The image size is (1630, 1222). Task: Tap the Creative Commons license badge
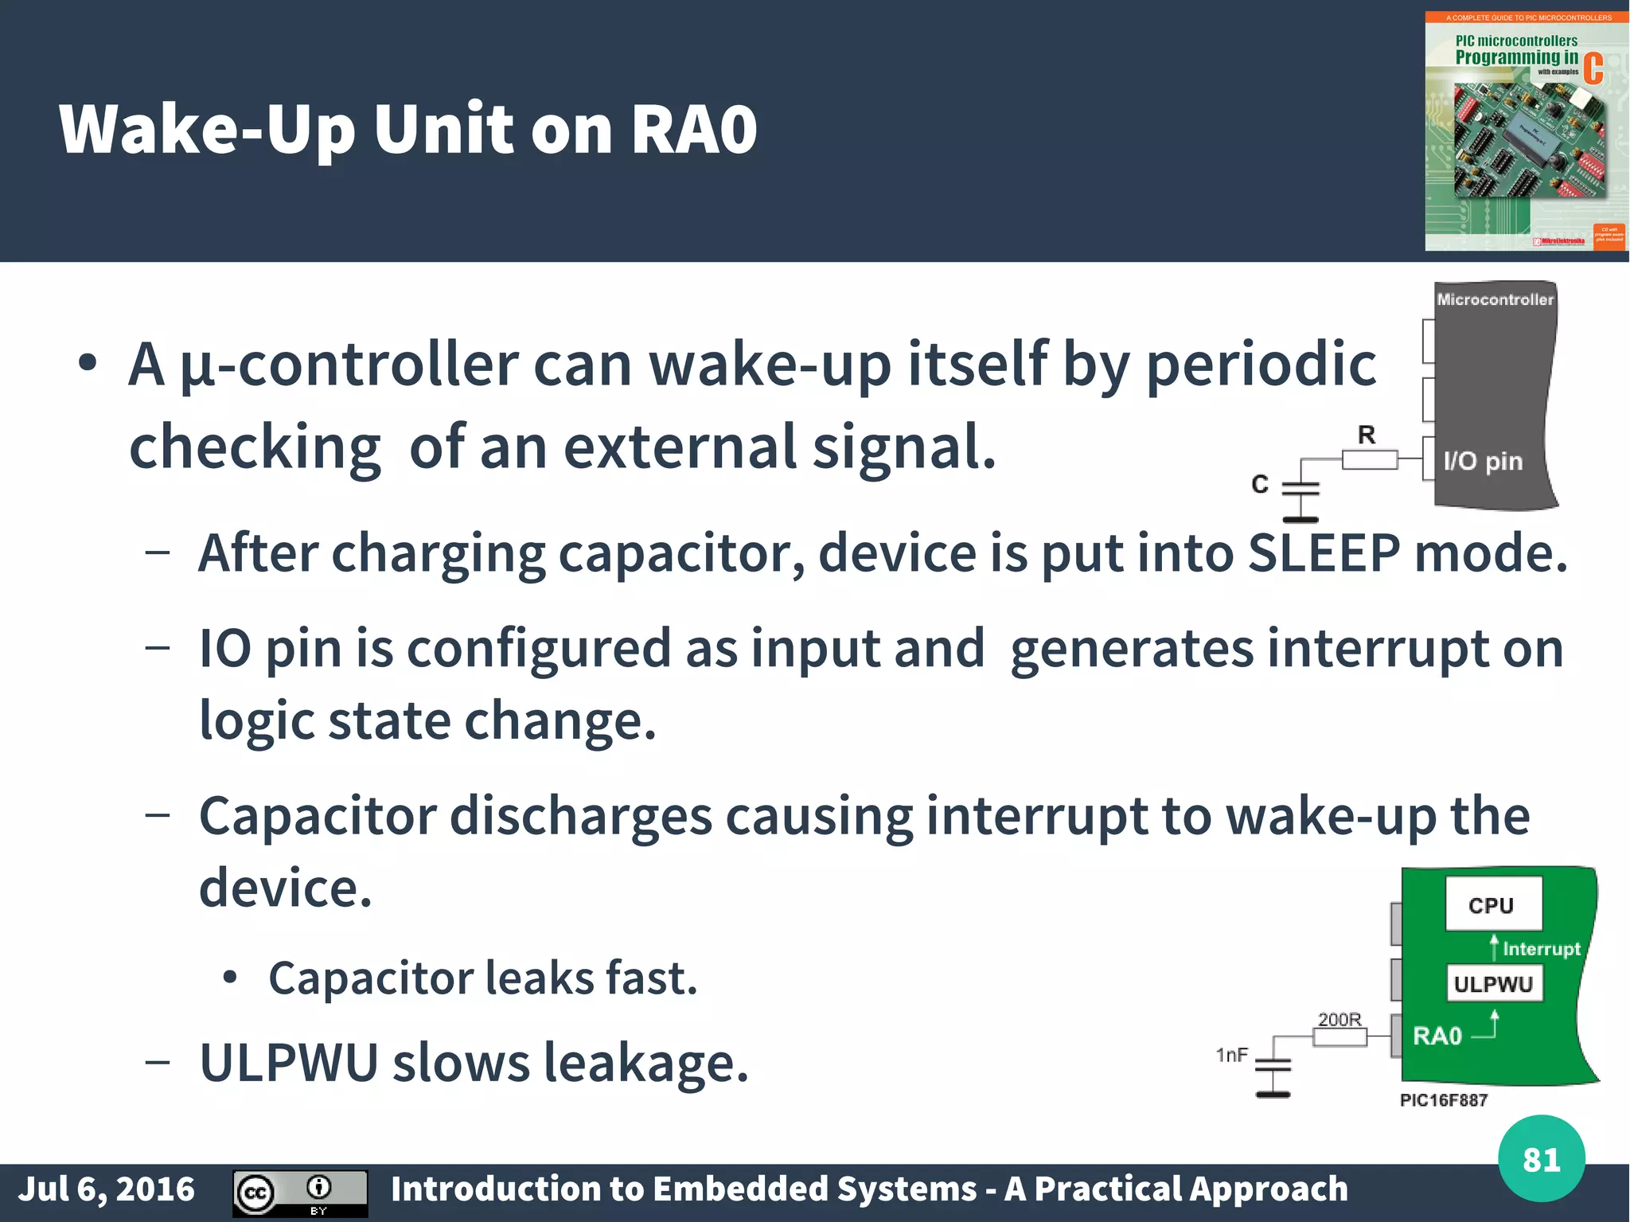pyautogui.click(x=300, y=1193)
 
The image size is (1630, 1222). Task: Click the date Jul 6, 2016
pyautogui.click(x=106, y=1189)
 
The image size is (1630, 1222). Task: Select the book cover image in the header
pyautogui.click(x=1525, y=131)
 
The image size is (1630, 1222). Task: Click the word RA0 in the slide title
pyautogui.click(x=693, y=129)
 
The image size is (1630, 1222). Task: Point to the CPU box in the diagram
pyautogui.click(x=1492, y=904)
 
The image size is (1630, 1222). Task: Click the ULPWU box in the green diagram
pyautogui.click(x=1493, y=984)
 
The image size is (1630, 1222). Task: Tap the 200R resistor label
pyautogui.click(x=1339, y=1019)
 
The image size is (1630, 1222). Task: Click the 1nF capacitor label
pyautogui.click(x=1231, y=1055)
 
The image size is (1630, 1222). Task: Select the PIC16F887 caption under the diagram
pyautogui.click(x=1443, y=1100)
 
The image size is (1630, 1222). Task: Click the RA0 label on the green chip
pyautogui.click(x=1437, y=1036)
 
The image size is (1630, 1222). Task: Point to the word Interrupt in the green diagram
pyautogui.click(x=1541, y=949)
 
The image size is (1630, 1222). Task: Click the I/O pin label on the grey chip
pyautogui.click(x=1483, y=461)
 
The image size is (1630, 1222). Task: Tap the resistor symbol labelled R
pyautogui.click(x=1370, y=459)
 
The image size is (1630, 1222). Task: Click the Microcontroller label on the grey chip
pyautogui.click(x=1495, y=300)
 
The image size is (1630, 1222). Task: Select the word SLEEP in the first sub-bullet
pyautogui.click(x=1324, y=552)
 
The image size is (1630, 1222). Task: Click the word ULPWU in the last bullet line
pyautogui.click(x=288, y=1063)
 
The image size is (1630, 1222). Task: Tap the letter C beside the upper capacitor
pyautogui.click(x=1260, y=484)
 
